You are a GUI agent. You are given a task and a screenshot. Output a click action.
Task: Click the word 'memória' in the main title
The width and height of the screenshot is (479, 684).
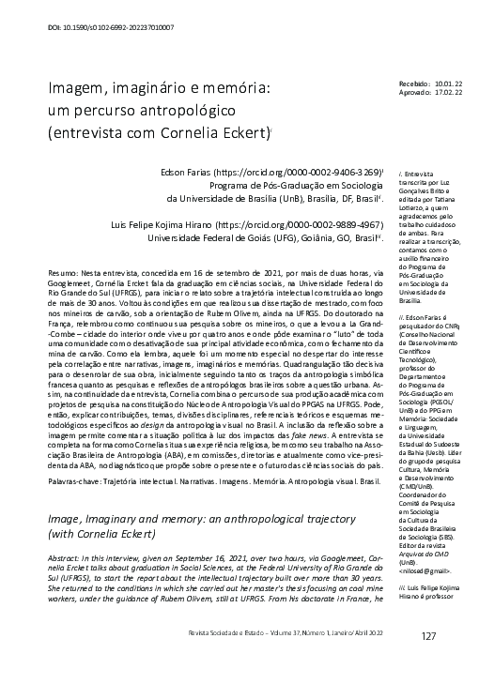tap(234, 88)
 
